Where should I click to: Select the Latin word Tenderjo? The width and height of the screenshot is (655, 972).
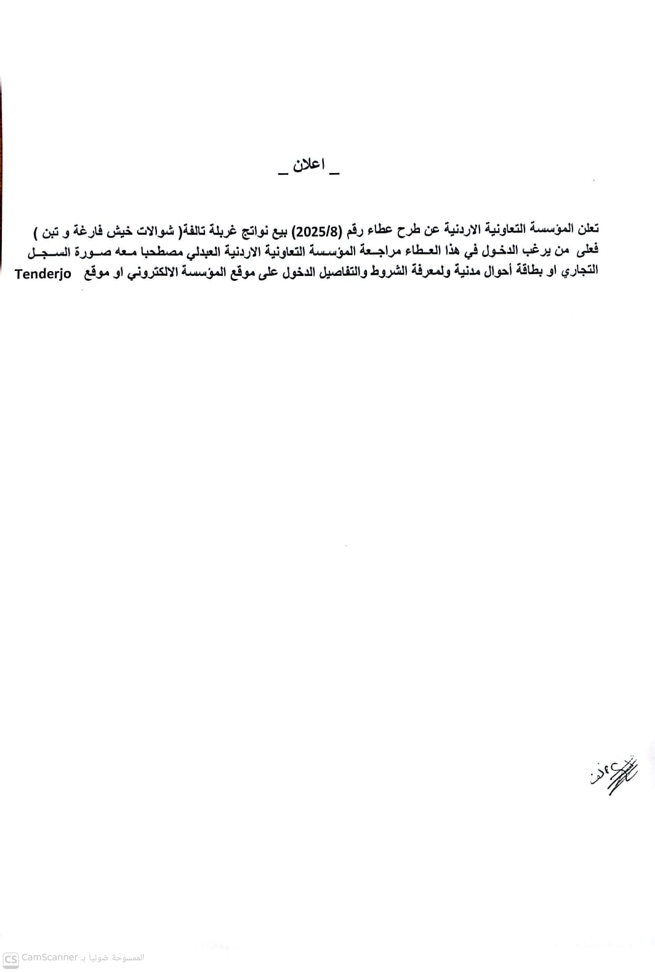[43, 274]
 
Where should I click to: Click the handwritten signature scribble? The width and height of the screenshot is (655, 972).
[610, 776]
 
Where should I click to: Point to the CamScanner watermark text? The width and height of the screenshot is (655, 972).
[49, 958]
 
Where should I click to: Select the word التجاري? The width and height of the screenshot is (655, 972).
[579, 272]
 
